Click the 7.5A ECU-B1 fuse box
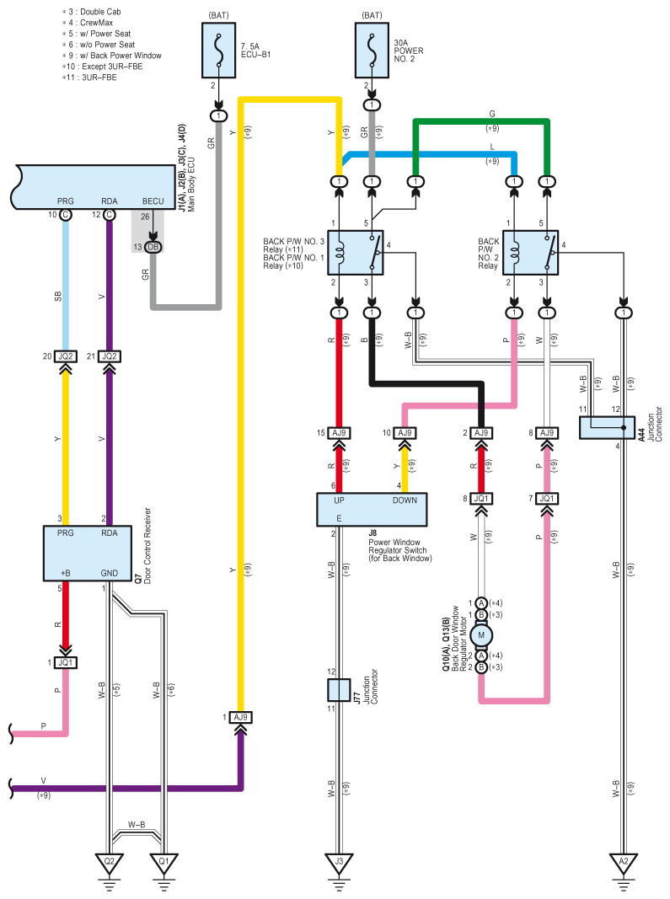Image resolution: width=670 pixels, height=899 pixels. pos(218,51)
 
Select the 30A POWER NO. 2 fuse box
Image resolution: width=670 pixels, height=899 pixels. pos(372,51)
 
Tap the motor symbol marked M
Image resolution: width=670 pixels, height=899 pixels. pos(481,634)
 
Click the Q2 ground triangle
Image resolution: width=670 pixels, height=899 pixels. pos(109,862)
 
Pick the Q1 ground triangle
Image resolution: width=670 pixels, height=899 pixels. pos(164,862)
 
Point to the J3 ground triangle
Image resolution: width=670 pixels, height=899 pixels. pos(339,862)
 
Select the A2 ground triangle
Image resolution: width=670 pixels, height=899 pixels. pos(624,862)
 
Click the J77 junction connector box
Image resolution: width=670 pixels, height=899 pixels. pos(339,690)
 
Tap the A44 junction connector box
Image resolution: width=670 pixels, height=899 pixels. pos(607,428)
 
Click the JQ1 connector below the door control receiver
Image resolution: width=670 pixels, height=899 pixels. pos(66,663)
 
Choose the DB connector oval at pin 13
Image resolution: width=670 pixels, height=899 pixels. pos(153,247)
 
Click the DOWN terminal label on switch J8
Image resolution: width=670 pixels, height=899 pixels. pos(405,500)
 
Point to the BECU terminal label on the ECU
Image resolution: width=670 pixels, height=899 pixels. pos(153,201)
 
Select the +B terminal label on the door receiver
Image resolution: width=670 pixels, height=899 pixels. pos(66,573)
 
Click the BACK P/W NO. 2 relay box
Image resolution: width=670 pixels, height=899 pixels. pos(531,253)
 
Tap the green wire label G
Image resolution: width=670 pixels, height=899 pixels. pos(492,114)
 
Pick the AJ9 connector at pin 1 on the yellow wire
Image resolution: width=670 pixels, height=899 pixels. pos(240,717)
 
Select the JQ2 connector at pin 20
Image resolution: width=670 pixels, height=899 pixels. pos(66,356)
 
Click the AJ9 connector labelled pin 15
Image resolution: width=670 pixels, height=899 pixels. pos(339,433)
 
